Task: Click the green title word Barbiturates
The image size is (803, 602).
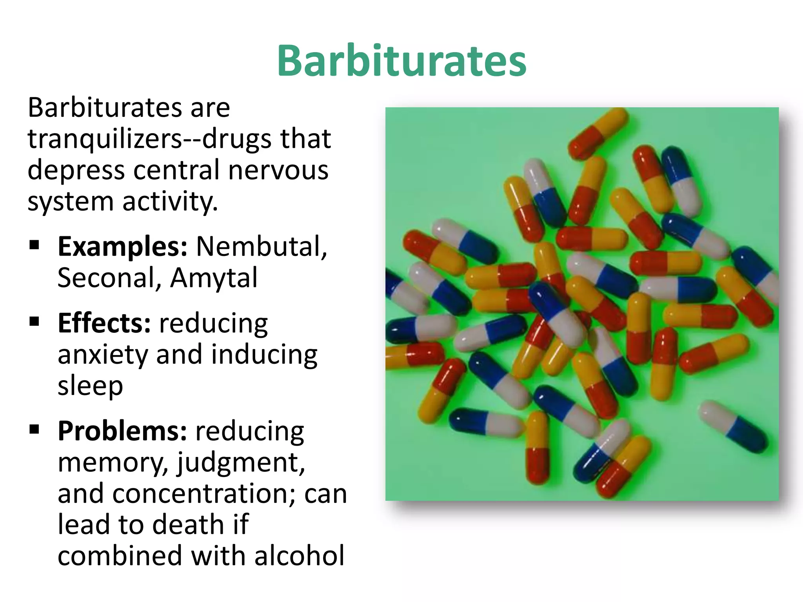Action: (x=401, y=61)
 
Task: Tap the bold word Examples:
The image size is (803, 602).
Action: (x=122, y=247)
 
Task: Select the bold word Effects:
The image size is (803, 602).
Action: (x=104, y=324)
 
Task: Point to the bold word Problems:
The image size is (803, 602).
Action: (x=122, y=432)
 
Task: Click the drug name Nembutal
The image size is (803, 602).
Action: (x=261, y=247)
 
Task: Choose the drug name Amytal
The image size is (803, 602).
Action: (x=214, y=278)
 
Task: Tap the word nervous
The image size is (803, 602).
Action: (x=278, y=170)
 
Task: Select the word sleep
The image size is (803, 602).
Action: (x=90, y=386)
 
